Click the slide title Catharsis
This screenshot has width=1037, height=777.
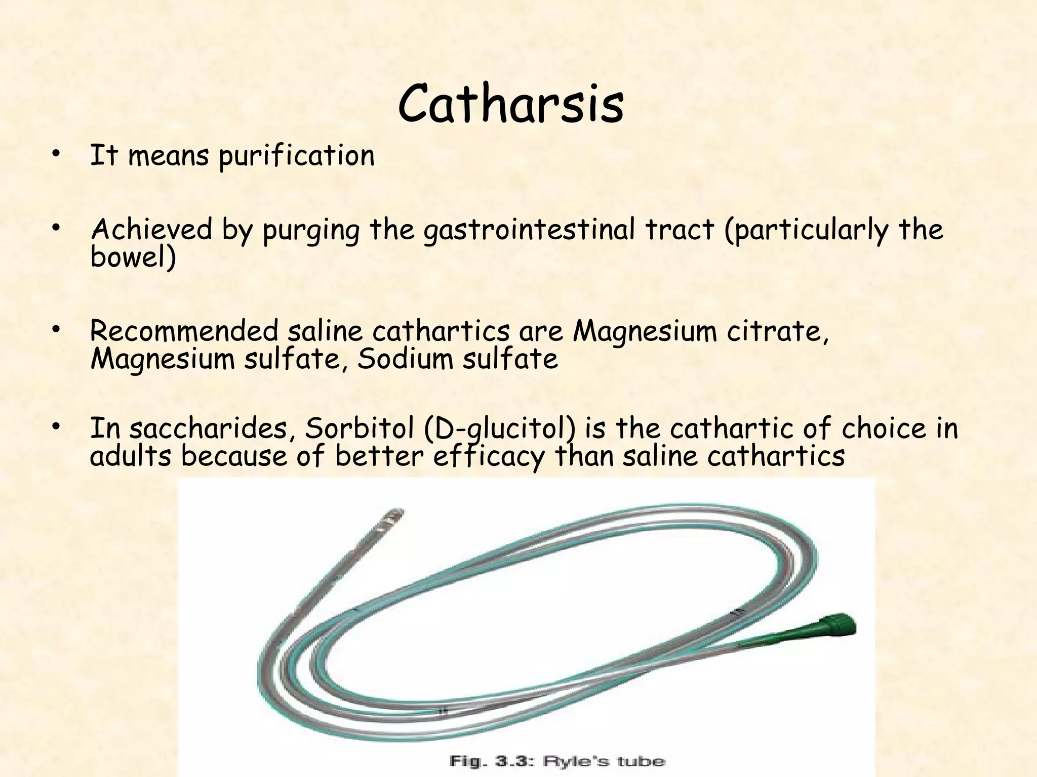(x=510, y=104)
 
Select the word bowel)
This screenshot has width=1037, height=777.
(x=133, y=257)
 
